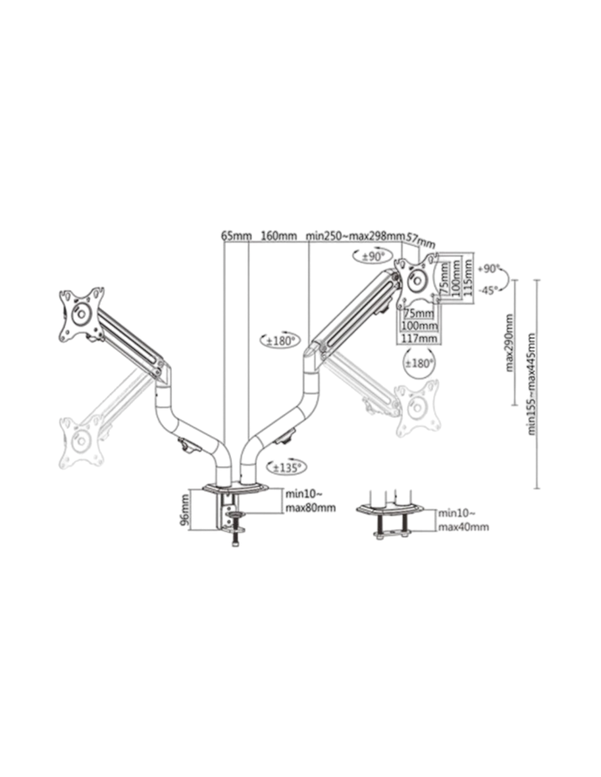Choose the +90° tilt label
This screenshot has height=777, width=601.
(489, 269)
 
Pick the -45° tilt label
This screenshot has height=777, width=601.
(488, 290)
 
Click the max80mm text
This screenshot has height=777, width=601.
(310, 508)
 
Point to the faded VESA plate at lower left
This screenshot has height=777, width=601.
(82, 442)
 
